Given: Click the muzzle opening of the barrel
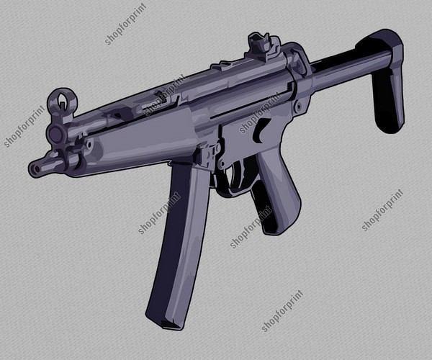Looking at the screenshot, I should coord(33,169).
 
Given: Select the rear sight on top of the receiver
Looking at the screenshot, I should coord(258,45).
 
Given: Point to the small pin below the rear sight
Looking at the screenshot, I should coord(297,107).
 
